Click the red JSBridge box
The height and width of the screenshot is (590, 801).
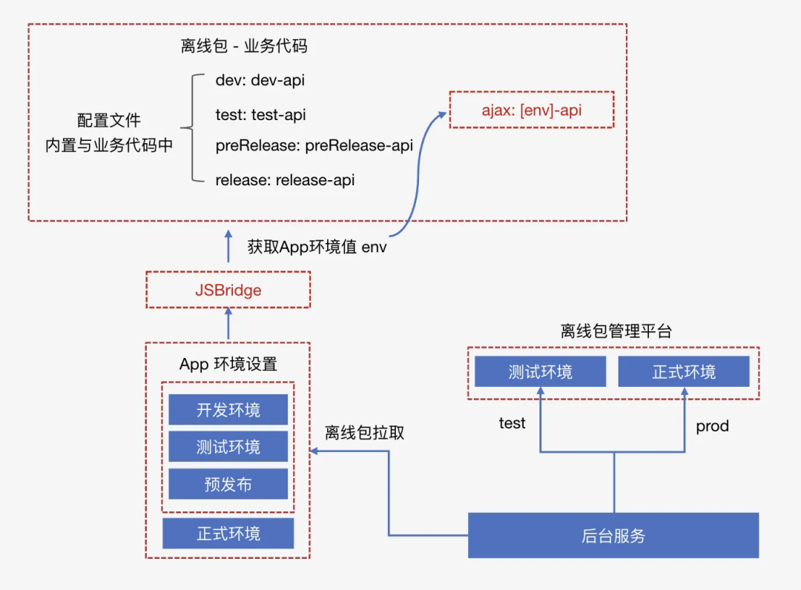click(x=228, y=290)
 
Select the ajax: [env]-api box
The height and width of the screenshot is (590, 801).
click(x=532, y=110)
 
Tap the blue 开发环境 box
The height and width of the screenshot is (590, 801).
click(x=228, y=410)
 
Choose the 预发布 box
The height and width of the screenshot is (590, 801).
click(x=228, y=484)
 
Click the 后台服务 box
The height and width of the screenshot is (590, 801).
click(x=613, y=535)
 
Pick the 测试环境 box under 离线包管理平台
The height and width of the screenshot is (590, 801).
click(x=540, y=371)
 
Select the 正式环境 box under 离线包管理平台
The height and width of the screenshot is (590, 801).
click(x=684, y=371)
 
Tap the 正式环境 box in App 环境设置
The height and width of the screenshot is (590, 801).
click(x=228, y=533)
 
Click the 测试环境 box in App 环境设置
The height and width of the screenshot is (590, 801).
click(x=228, y=447)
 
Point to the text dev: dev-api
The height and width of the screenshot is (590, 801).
click(x=260, y=80)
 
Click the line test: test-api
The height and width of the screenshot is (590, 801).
click(x=260, y=115)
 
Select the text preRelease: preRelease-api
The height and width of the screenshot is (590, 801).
click(x=314, y=146)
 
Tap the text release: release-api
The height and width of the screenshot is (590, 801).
click(x=285, y=180)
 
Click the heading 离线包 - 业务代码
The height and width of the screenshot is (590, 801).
click(x=244, y=47)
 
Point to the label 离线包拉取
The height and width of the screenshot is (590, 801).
click(x=365, y=433)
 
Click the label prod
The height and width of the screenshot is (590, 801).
click(x=712, y=426)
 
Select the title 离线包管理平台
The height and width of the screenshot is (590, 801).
click(x=616, y=331)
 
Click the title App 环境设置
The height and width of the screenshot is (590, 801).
click(x=228, y=364)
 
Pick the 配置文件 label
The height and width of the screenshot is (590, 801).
click(x=109, y=121)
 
